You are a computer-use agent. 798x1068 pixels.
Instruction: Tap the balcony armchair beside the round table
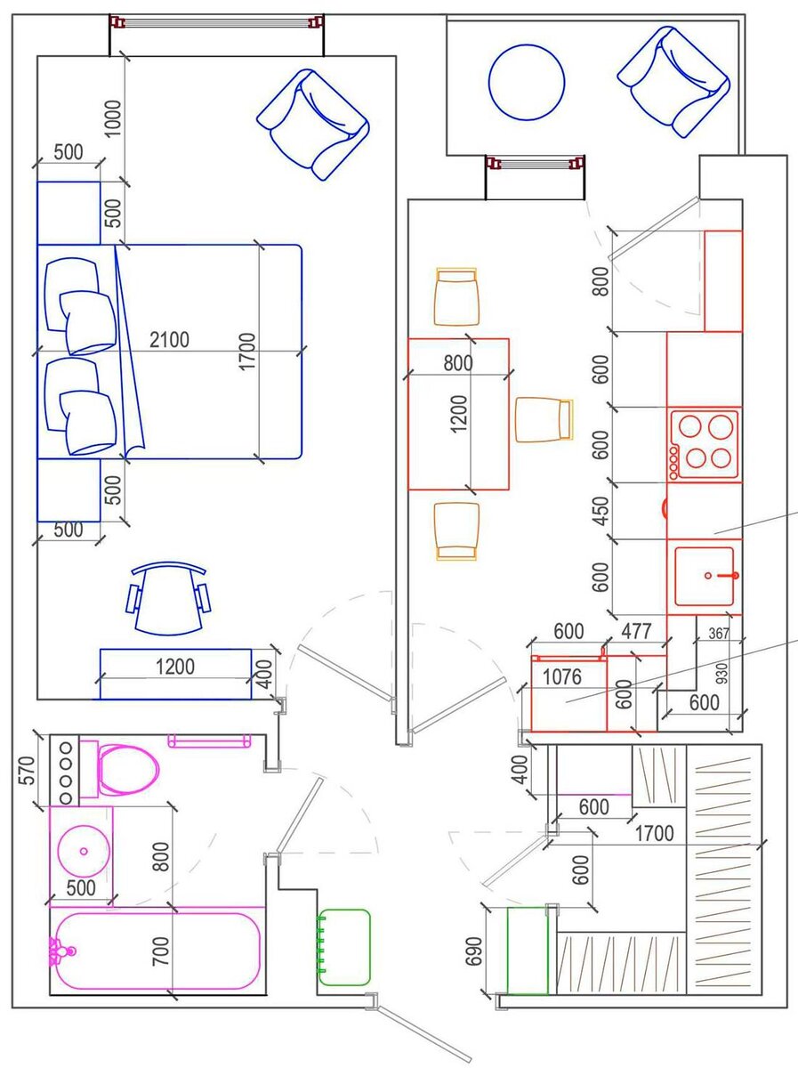tap(674, 82)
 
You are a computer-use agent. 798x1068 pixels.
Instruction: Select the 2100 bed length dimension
tap(169, 340)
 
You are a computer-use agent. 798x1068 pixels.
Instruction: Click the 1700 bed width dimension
tap(247, 352)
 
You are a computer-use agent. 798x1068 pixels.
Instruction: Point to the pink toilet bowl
tap(128, 770)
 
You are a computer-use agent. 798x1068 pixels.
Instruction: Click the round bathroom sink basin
tap(83, 851)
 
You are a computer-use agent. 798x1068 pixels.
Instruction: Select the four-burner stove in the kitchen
tap(705, 444)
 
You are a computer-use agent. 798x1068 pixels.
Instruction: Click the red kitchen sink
tap(705, 576)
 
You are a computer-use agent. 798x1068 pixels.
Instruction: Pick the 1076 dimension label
tap(561, 676)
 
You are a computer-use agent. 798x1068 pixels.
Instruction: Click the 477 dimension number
tap(636, 631)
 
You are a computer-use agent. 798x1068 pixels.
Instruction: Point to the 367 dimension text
tap(719, 633)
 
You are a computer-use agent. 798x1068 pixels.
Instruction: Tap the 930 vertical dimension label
tap(723, 673)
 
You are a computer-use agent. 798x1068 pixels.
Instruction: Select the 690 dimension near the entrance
tap(473, 951)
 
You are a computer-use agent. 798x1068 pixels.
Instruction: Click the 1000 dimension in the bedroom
tap(113, 118)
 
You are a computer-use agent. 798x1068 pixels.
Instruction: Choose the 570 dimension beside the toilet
tap(28, 770)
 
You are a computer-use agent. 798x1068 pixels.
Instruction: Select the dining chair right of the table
tap(544, 419)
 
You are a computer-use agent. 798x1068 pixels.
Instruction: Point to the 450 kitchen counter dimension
tap(602, 511)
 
